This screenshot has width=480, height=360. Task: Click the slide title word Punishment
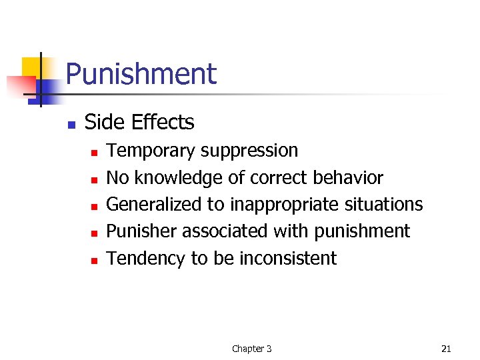[x=141, y=74]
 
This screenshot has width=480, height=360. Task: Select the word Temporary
[x=151, y=151]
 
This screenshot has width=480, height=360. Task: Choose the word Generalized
[x=165, y=205]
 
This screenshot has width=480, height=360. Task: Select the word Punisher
[x=142, y=231]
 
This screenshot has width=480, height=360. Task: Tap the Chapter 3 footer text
[x=251, y=349]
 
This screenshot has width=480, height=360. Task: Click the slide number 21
[x=446, y=349]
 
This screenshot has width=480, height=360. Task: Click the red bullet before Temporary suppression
[x=95, y=153]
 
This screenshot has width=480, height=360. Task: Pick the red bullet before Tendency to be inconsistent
[x=95, y=260]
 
